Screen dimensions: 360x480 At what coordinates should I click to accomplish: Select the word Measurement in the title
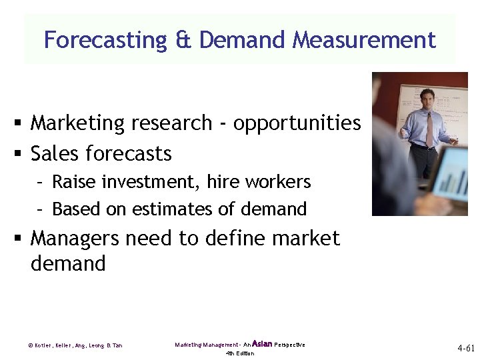pyautogui.click(x=363, y=40)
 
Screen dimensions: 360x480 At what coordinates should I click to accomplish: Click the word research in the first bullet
pyautogui.click(x=175, y=123)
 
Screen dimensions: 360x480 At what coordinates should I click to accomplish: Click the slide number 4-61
pyautogui.click(x=465, y=349)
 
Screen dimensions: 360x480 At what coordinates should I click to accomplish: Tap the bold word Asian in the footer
pyautogui.click(x=263, y=344)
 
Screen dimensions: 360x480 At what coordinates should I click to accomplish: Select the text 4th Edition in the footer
pyautogui.click(x=240, y=353)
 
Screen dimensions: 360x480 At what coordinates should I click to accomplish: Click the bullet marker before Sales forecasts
pyautogui.click(x=21, y=155)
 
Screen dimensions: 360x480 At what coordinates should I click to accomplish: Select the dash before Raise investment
pyautogui.click(x=41, y=182)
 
